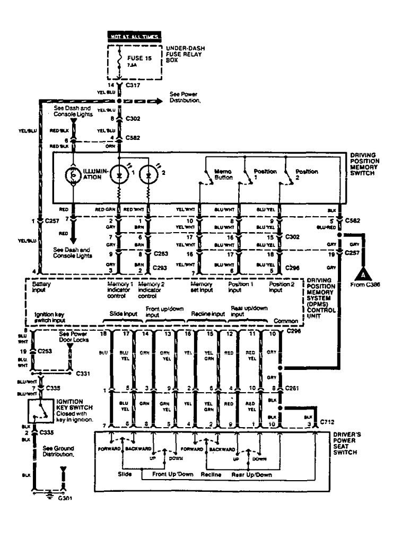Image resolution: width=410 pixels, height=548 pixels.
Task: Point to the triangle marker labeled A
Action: click(362, 275)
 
